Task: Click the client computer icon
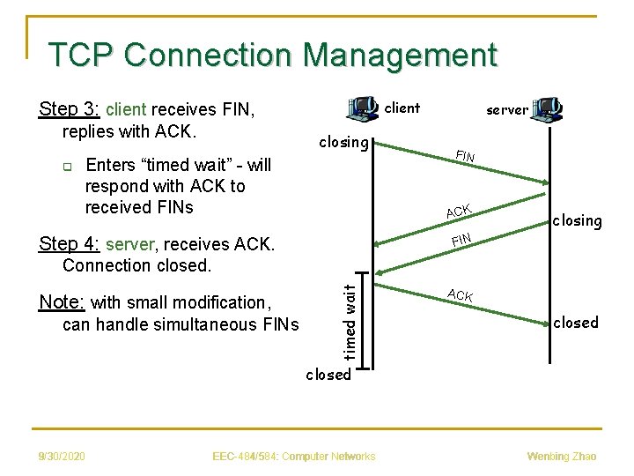[362, 108]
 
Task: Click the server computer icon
[546, 109]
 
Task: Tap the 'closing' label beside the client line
[343, 143]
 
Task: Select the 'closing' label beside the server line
[578, 221]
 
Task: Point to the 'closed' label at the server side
[576, 323]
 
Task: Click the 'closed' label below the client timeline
[328, 375]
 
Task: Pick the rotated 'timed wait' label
[350, 323]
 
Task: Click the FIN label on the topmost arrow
[465, 156]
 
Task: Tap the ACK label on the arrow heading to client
[459, 211]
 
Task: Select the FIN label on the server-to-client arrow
[461, 240]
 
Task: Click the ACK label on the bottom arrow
[461, 295]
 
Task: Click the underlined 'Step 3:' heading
[69, 108]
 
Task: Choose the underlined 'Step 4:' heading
[69, 243]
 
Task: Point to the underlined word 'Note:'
[62, 302]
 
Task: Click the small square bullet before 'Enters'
[68, 167]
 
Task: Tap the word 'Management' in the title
[400, 56]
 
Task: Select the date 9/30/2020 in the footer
[62, 457]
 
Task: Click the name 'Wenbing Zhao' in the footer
[562, 457]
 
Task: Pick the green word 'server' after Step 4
[129, 244]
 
